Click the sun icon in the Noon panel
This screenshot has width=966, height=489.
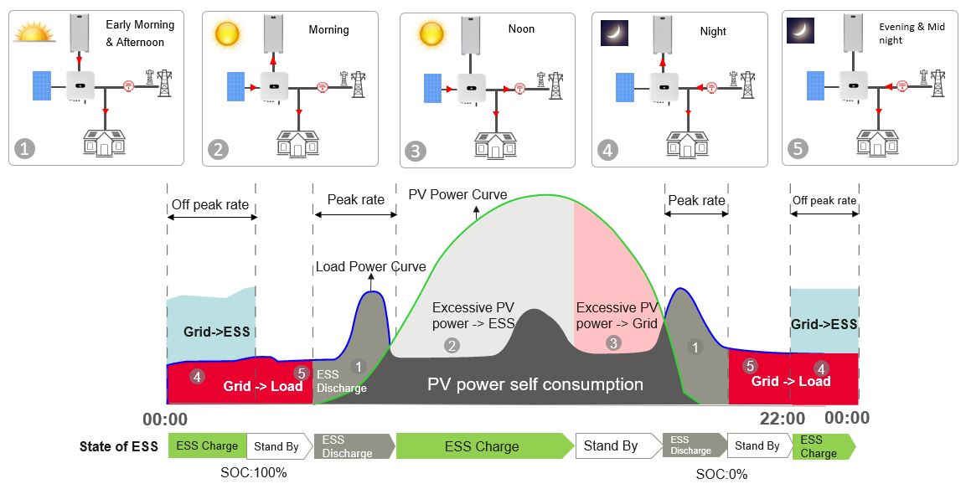click(x=431, y=33)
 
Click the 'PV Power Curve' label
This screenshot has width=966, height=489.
click(x=457, y=195)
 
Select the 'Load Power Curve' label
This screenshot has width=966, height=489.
click(x=370, y=267)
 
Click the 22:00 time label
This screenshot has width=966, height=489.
click(x=783, y=418)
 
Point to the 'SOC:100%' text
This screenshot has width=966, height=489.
click(x=255, y=472)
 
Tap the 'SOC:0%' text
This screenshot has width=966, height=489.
click(x=721, y=474)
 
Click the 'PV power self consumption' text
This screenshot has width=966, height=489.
click(x=535, y=385)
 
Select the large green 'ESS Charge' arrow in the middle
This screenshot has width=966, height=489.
click(x=483, y=446)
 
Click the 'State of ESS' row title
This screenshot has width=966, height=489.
click(x=119, y=446)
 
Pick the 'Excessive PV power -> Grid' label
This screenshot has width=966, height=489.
click(x=617, y=316)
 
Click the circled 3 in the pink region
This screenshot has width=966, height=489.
click(x=613, y=342)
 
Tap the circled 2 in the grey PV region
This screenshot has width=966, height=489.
click(x=452, y=345)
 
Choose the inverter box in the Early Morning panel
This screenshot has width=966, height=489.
click(x=80, y=84)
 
